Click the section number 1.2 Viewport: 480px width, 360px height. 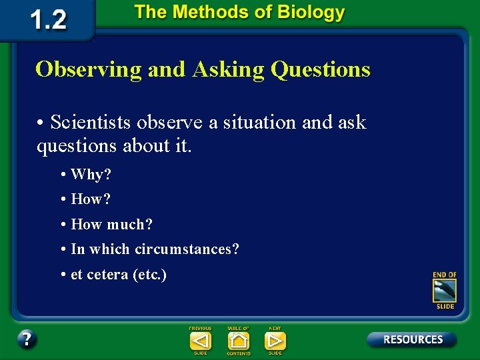click(x=49, y=19)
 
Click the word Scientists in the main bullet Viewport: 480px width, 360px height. click(x=92, y=123)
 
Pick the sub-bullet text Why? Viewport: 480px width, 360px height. click(x=91, y=175)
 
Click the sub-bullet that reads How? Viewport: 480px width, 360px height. click(x=91, y=199)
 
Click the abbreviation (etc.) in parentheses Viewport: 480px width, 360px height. click(x=149, y=274)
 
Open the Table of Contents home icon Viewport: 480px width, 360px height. click(x=238, y=341)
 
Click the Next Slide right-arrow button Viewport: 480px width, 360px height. click(x=275, y=341)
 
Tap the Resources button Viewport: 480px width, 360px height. click(x=412, y=339)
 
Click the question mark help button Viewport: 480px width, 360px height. click(x=27, y=339)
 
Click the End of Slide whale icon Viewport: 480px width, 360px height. click(x=445, y=291)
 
